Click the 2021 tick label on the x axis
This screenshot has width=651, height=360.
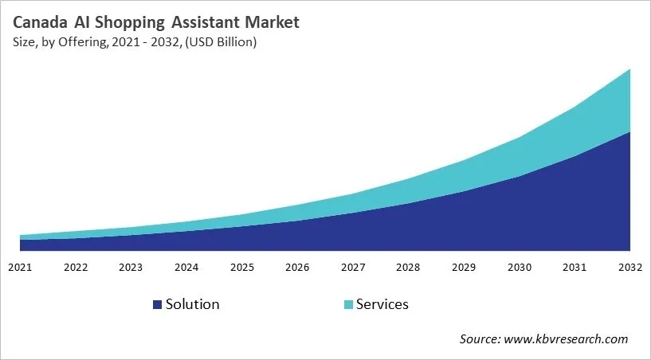click(20, 267)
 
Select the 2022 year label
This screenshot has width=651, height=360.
click(76, 267)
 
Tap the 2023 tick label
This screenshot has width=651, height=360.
click(131, 267)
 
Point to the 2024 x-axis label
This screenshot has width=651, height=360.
click(186, 267)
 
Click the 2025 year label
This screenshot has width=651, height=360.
click(242, 267)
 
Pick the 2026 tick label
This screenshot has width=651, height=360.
click(297, 267)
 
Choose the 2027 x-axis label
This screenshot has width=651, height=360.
click(353, 267)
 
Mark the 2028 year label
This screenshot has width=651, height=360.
click(409, 267)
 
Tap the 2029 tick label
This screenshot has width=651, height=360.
click(465, 267)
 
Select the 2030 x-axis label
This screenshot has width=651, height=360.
click(520, 267)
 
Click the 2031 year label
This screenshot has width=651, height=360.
click(575, 267)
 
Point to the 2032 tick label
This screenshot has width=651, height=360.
click(629, 267)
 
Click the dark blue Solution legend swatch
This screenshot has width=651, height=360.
click(156, 305)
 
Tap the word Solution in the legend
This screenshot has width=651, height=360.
click(192, 304)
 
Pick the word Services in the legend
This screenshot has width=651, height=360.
click(382, 304)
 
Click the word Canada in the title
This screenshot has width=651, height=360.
click(42, 22)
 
